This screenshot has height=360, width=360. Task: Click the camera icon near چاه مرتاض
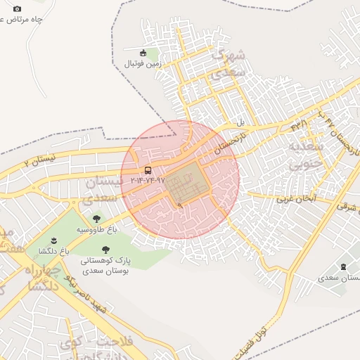click(x=17, y=8)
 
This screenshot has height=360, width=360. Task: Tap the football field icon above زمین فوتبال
click(x=143, y=52)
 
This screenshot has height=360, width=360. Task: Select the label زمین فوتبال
click(x=143, y=63)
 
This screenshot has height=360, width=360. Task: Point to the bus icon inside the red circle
click(x=148, y=170)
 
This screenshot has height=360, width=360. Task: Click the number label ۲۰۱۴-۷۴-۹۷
click(x=147, y=180)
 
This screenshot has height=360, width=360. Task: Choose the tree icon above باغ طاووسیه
click(x=96, y=219)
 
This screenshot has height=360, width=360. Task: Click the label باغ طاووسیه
click(x=96, y=229)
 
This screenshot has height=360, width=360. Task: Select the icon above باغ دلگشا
click(x=48, y=240)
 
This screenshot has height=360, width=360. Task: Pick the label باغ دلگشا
click(x=48, y=250)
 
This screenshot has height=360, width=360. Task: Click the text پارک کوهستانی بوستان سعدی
click(x=106, y=264)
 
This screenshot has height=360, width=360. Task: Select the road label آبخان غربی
click(x=295, y=198)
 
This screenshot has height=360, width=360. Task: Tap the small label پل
click(x=240, y=122)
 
